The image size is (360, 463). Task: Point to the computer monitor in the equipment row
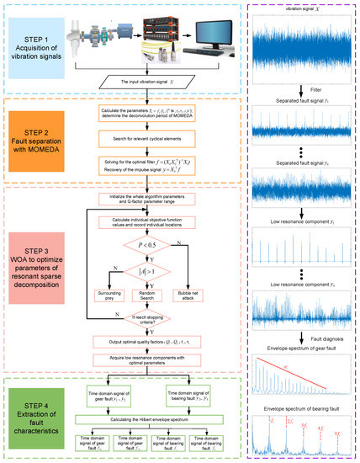click(207, 38)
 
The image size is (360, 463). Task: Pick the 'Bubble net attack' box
click(206, 274)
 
